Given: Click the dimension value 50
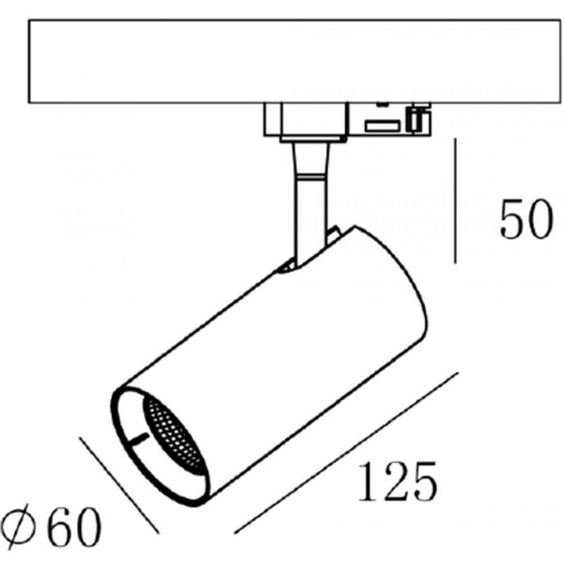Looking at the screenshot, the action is (x=526, y=219).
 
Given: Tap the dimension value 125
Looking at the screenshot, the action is (x=398, y=481).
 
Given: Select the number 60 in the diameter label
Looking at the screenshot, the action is (x=74, y=526).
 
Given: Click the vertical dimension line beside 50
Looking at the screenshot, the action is (x=455, y=201).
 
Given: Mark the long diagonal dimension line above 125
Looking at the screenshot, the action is (x=346, y=453).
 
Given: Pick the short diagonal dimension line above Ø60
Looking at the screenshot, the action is (x=119, y=486).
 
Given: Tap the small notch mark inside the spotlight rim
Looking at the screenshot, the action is (x=138, y=439).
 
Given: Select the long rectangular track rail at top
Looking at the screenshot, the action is (x=294, y=61).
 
